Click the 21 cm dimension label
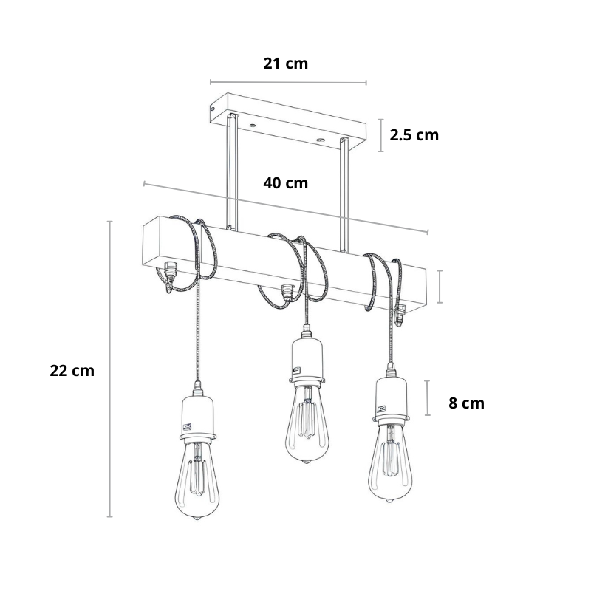(x=285, y=64)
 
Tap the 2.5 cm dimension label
(x=414, y=135)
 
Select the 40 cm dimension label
(x=285, y=183)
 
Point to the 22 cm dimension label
(x=72, y=371)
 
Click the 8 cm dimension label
(x=466, y=403)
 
